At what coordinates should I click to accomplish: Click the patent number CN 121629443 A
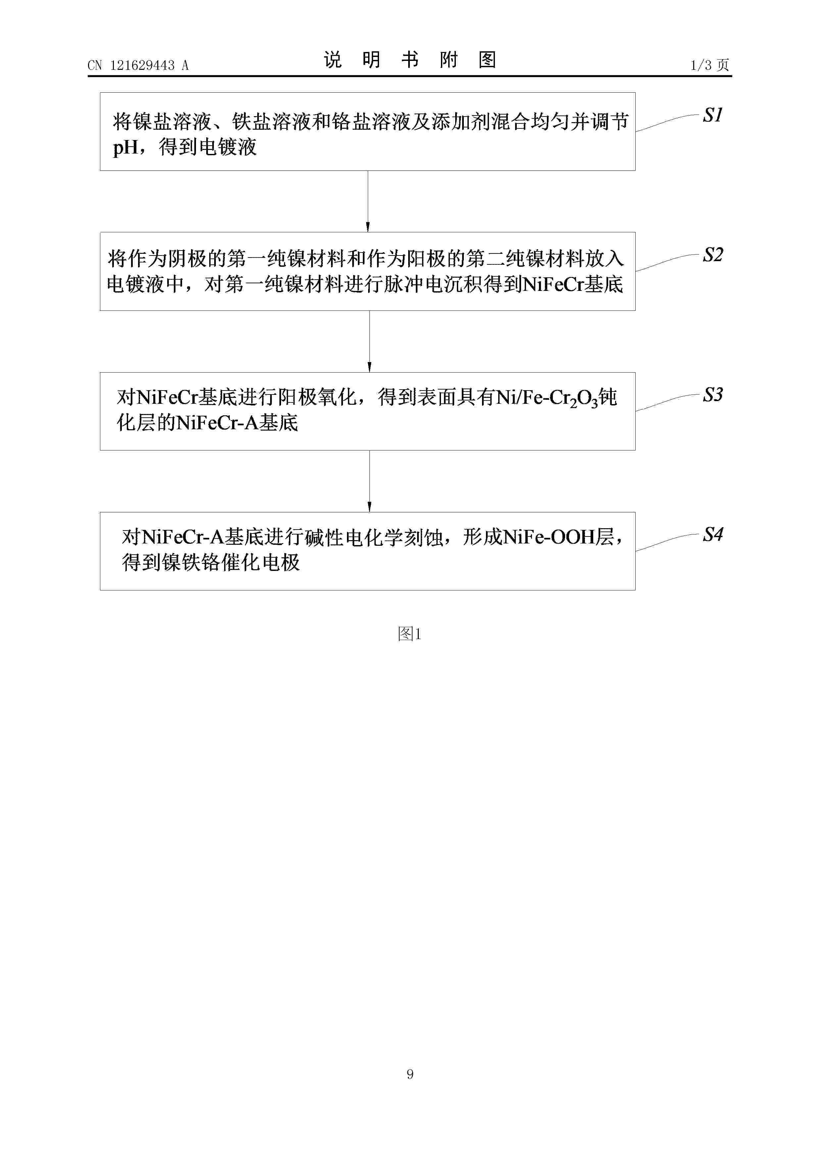coord(138,65)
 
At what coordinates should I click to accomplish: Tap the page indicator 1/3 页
coord(709,65)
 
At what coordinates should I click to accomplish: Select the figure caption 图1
coord(409,633)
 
